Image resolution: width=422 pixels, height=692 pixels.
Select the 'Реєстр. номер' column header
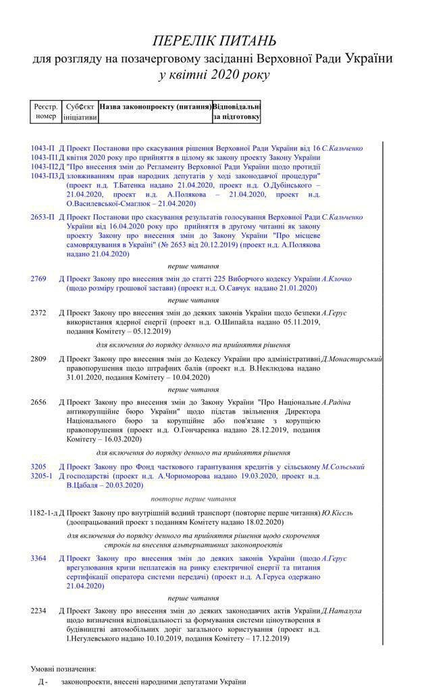coord(46,112)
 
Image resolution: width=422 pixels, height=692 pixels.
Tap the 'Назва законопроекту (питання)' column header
coord(155,107)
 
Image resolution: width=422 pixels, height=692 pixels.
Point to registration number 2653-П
coord(43,217)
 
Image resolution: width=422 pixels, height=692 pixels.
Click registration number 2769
coord(38,278)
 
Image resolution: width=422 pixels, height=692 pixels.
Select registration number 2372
coord(38,312)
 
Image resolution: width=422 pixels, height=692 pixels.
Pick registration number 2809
coord(38,358)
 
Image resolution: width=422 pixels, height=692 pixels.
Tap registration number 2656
coord(38,402)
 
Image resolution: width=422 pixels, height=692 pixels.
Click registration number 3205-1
coord(42,476)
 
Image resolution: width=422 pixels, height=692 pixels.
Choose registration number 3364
coord(38,558)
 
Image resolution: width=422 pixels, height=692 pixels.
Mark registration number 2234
coord(38,610)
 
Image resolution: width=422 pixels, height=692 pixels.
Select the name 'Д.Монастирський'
coord(352,358)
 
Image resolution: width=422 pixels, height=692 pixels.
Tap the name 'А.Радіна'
coord(336,402)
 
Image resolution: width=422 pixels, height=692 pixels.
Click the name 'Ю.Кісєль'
coord(340,513)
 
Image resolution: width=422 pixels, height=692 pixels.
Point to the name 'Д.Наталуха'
coord(342,610)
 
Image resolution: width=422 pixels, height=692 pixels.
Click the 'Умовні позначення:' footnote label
coord(63,668)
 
